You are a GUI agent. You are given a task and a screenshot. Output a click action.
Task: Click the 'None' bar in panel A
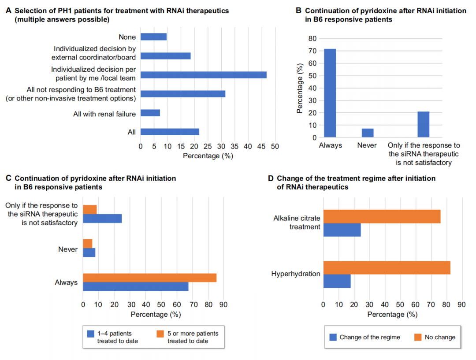[x=154, y=37]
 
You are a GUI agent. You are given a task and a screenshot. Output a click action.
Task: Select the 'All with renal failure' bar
[x=150, y=113]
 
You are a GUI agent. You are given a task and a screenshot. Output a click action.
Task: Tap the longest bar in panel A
[x=204, y=74]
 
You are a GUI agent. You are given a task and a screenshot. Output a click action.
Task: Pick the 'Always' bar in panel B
[x=330, y=93]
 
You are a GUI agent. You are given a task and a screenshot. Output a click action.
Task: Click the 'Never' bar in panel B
[x=368, y=133]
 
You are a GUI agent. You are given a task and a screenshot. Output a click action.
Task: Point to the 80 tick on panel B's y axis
[x=312, y=38]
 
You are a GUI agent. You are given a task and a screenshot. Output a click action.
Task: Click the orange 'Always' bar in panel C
[x=150, y=278]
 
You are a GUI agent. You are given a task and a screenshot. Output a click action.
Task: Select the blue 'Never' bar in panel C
[x=89, y=252]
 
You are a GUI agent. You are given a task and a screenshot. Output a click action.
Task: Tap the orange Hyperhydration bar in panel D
[x=387, y=268]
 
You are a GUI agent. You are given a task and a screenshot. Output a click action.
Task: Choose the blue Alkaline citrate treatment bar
[x=342, y=230]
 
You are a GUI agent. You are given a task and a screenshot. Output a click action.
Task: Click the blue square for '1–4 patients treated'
[x=91, y=334]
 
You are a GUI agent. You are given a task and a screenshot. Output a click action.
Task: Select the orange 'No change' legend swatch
[x=418, y=337]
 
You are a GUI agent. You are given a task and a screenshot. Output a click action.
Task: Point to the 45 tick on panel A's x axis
[x=261, y=146]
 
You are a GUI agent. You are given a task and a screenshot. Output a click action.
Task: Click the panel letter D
[x=271, y=178]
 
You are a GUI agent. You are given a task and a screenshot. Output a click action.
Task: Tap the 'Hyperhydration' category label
[x=296, y=274]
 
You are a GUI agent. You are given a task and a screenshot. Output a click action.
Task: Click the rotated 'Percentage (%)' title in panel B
[x=300, y=88]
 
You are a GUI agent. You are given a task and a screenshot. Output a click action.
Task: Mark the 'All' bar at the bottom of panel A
[x=170, y=132]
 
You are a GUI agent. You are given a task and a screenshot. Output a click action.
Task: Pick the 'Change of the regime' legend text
[x=370, y=337]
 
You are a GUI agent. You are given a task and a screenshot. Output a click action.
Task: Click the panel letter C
[x=8, y=178]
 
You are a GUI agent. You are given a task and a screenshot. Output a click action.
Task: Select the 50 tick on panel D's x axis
[x=400, y=305]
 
